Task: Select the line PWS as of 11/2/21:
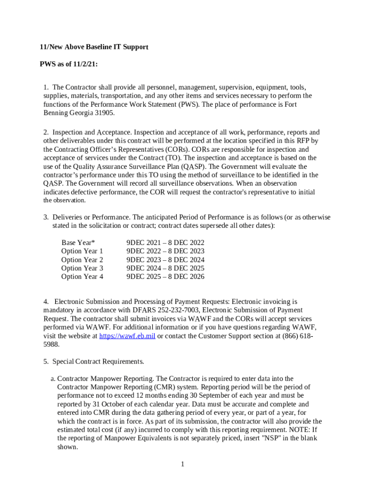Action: pyautogui.click(x=69, y=64)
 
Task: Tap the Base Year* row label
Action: pyautogui.click(x=78, y=243)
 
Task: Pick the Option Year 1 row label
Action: pyautogui.click(x=82, y=251)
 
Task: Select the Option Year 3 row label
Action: pyautogui.click(x=82, y=268)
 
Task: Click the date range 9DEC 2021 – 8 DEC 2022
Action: pyautogui.click(x=165, y=243)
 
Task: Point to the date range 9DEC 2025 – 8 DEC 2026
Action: pyautogui.click(x=165, y=277)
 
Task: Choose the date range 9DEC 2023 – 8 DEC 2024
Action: pyautogui.click(x=165, y=260)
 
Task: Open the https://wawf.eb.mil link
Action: pyautogui.click(x=127, y=336)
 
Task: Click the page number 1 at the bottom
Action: pyautogui.click(x=183, y=464)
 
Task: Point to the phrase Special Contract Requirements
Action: pyautogui.click(x=98, y=361)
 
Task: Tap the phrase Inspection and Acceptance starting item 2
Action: pyautogui.click(x=91, y=132)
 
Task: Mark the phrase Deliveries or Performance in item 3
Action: pyautogui.click(x=91, y=217)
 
